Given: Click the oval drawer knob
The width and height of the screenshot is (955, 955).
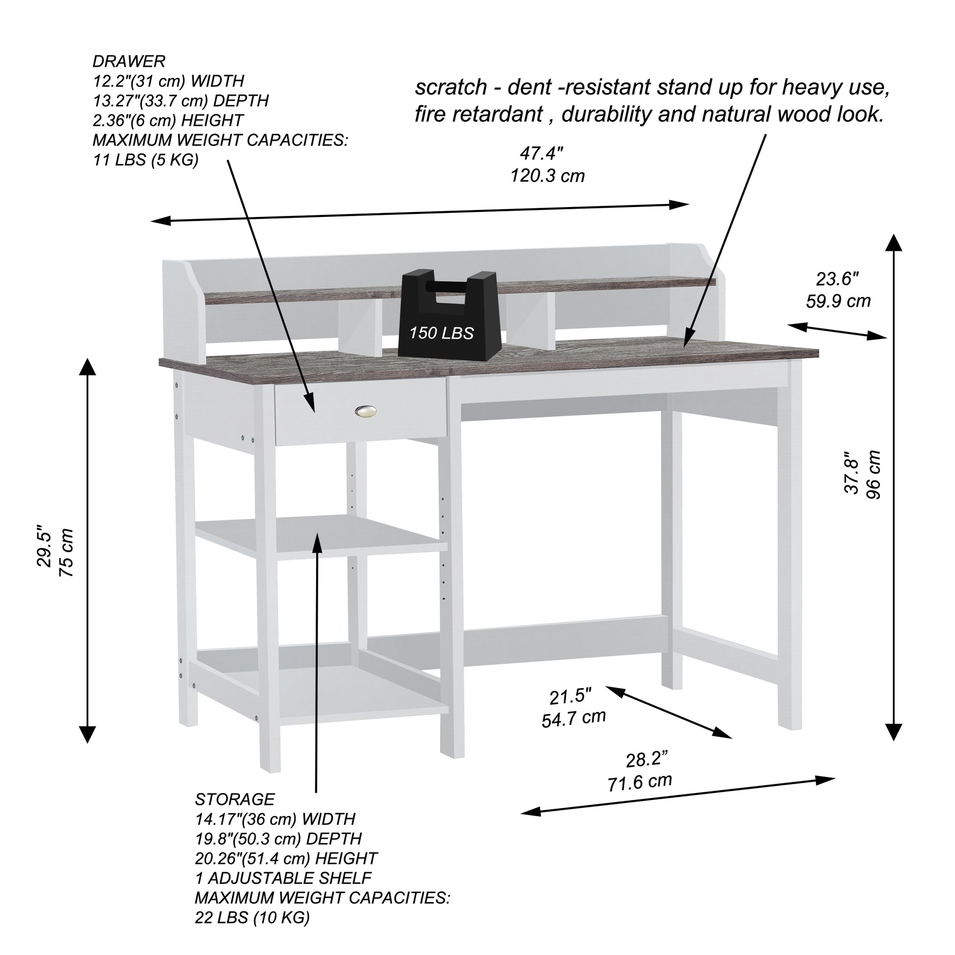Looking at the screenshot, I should point(365,411).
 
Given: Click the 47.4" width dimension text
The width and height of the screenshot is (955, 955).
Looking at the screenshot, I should point(541,154).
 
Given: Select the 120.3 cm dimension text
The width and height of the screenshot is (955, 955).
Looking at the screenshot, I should point(547,176).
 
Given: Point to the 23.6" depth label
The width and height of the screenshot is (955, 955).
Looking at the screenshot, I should point(837,279).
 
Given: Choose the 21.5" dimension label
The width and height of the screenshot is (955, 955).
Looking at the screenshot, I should point(570,697).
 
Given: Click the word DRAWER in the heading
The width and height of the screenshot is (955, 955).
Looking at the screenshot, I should point(129,61).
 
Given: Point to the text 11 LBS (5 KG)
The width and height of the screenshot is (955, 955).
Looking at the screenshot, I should point(146,160).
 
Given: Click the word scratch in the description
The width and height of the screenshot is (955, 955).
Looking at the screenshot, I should point(451,87).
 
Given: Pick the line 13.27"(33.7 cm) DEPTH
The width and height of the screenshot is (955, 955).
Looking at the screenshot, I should point(181,101).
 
